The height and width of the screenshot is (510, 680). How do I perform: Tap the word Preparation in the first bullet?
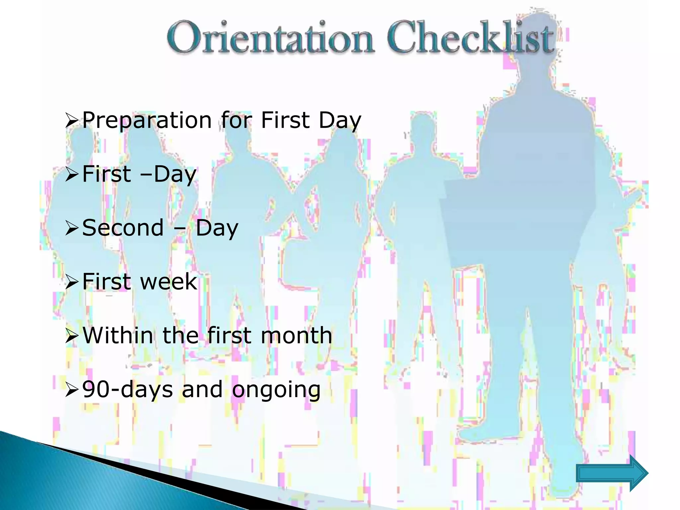pyautogui.click(x=147, y=120)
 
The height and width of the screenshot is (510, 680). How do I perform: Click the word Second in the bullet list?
pyautogui.click(x=123, y=228)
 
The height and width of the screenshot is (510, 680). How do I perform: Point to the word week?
pyautogui.click(x=169, y=282)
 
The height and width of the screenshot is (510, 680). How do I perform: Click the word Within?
pyautogui.click(x=118, y=335)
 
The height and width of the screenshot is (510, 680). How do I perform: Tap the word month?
pyautogui.click(x=296, y=335)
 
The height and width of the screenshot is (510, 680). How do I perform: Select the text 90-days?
pyautogui.click(x=127, y=389)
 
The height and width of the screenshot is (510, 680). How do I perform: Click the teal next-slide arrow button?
pyautogui.click(x=612, y=473)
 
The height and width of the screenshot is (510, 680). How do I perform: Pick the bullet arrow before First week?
pyautogui.click(x=72, y=282)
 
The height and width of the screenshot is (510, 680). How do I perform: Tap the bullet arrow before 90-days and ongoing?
pyautogui.click(x=72, y=390)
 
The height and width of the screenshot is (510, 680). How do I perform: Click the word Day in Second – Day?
pyautogui.click(x=217, y=228)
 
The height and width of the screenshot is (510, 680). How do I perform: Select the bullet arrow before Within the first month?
pyautogui.click(x=72, y=336)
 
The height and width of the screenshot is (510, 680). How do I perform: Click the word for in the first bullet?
pyautogui.click(x=236, y=120)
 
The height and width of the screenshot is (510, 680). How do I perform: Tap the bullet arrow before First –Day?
pyautogui.click(x=72, y=174)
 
